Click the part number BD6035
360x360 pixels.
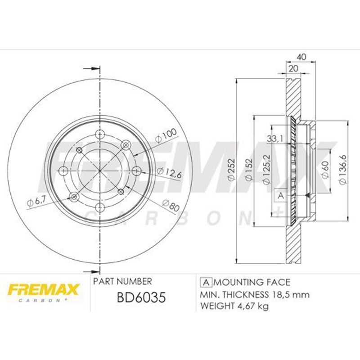[141, 297]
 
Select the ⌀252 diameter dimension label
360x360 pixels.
[231, 169]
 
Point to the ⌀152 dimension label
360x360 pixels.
[249, 170]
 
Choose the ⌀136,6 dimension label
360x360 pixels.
[342, 170]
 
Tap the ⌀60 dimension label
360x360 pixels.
[325, 169]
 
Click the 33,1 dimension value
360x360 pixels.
[275, 139]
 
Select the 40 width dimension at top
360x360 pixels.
[301, 57]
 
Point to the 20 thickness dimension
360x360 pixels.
[293, 68]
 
